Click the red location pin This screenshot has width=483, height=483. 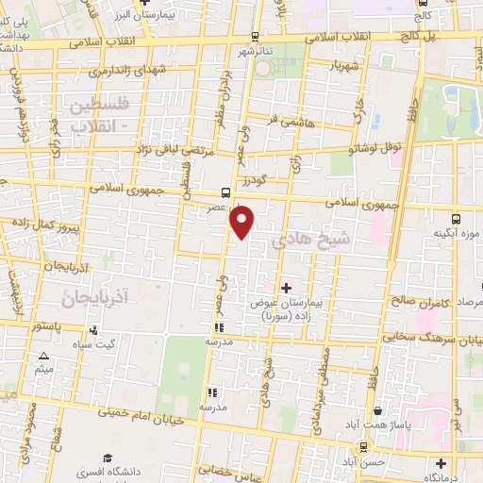click(243, 221)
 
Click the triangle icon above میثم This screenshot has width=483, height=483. click(43, 356)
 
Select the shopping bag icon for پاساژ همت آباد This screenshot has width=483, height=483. click(378, 411)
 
